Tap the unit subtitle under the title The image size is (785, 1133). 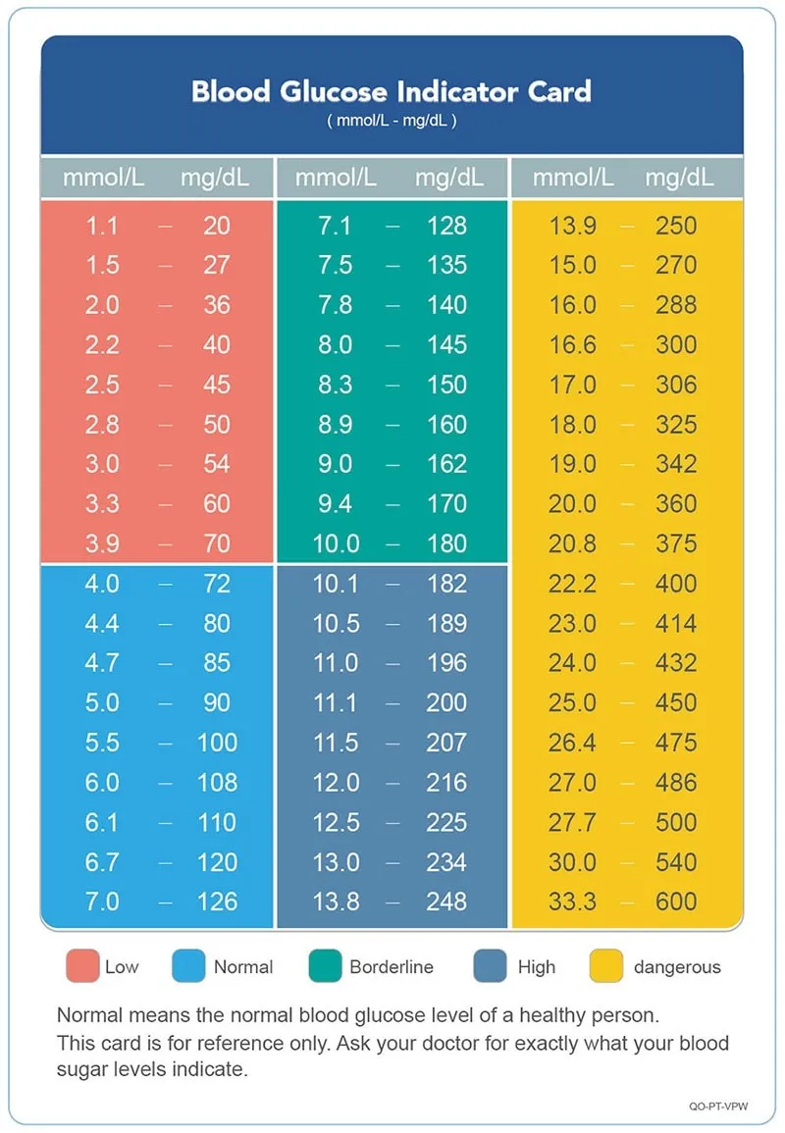[x=392, y=122]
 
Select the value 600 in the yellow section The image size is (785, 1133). [x=676, y=902]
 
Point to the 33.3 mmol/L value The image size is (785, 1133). [x=572, y=902]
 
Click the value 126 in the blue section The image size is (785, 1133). [x=217, y=902]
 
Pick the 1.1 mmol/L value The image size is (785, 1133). [x=102, y=226]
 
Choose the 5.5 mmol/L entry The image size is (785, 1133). [x=102, y=743]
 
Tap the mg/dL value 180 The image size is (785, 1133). [x=446, y=543]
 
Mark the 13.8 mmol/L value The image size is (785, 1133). [x=336, y=902]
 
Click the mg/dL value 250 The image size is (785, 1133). [x=676, y=226]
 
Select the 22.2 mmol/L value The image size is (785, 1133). [x=572, y=584]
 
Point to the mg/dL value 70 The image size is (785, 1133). [x=217, y=543]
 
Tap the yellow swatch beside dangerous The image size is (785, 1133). [x=605, y=966]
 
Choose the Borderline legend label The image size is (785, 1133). [x=392, y=967]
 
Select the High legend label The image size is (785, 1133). [x=537, y=967]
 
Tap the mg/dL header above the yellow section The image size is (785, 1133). [x=679, y=178]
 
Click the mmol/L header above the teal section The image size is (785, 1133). [x=336, y=178]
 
